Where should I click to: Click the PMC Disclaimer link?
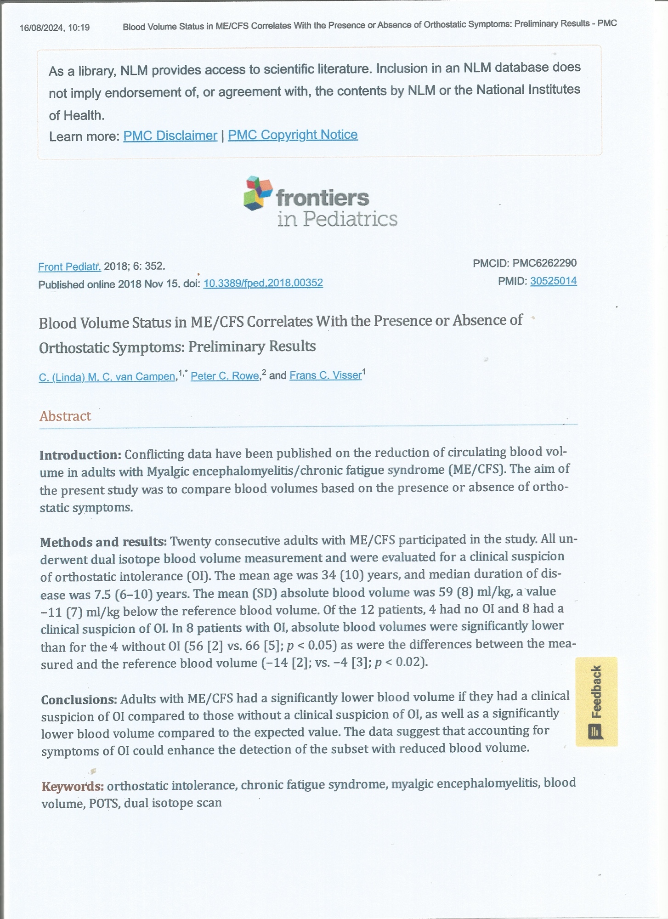[170, 136]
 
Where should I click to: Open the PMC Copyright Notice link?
[293, 135]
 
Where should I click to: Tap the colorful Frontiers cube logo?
[257, 193]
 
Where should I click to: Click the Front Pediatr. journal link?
[69, 267]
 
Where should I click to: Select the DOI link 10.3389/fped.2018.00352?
[263, 283]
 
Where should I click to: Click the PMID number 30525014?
[553, 281]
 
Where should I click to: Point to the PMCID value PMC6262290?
[544, 263]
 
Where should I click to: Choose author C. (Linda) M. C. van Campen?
[107, 377]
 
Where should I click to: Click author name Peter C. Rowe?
[225, 376]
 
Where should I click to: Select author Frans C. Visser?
[325, 375]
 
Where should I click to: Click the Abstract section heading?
[65, 416]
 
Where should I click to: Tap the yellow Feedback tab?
[596, 701]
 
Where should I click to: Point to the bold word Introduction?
[80, 455]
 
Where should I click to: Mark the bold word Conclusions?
[79, 699]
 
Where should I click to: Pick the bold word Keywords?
[73, 786]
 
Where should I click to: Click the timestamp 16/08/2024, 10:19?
[54, 28]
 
